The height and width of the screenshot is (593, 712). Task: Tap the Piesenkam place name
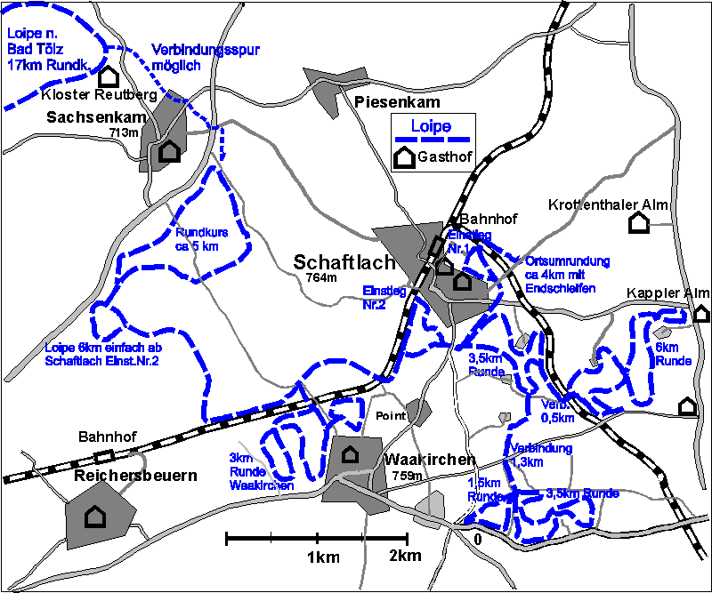click(397, 102)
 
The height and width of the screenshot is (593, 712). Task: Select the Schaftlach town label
click(338, 262)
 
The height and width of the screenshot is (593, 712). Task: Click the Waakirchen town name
click(430, 460)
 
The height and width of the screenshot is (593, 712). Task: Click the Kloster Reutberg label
click(99, 95)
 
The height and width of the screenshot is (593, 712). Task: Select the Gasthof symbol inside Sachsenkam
click(169, 151)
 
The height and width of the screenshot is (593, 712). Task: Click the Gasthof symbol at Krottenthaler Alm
click(637, 223)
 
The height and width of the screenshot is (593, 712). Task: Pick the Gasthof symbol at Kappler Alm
click(701, 313)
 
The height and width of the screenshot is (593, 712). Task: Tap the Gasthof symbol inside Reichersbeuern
click(93, 516)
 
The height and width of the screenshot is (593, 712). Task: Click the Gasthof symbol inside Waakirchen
click(351, 453)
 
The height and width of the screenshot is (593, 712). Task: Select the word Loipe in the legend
click(431, 126)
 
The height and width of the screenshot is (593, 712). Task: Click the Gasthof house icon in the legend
click(404, 157)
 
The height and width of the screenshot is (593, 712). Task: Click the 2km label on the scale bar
click(405, 557)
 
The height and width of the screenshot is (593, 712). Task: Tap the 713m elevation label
click(125, 132)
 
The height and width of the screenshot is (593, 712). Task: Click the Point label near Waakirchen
click(391, 416)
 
